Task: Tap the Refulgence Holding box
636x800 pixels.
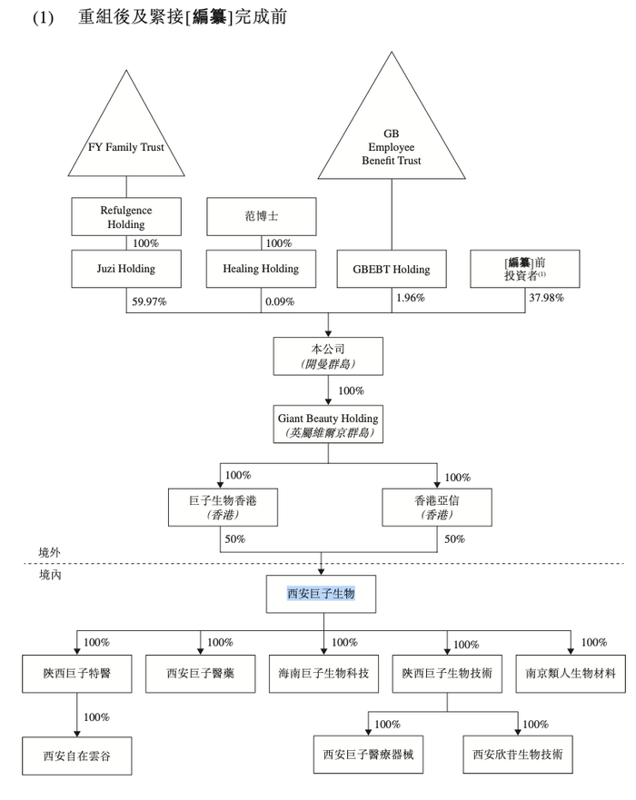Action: tap(126, 216)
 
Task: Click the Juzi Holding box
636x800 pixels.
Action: tap(126, 269)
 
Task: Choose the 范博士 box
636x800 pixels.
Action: tap(262, 216)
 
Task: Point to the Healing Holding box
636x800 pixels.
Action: tap(262, 269)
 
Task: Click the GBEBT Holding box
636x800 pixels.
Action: tap(392, 269)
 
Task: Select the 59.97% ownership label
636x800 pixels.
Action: tap(148, 301)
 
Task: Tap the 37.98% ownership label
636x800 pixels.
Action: tap(547, 299)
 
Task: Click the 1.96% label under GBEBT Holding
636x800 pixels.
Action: tap(411, 298)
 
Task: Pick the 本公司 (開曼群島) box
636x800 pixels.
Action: tap(328, 355)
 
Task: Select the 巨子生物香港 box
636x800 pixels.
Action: tap(221, 507)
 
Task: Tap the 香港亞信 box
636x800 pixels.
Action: tap(437, 507)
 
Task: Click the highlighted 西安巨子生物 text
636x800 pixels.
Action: tap(321, 593)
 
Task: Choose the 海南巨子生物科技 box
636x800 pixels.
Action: tap(323, 674)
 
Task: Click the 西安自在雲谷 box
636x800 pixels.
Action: tap(76, 755)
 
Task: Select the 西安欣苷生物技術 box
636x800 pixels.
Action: tap(518, 754)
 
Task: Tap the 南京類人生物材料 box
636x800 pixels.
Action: tap(571, 674)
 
